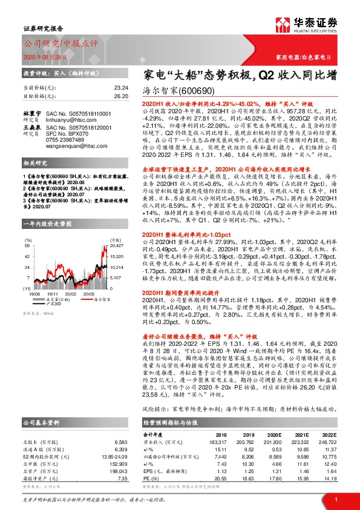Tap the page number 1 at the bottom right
(x=335, y=498)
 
